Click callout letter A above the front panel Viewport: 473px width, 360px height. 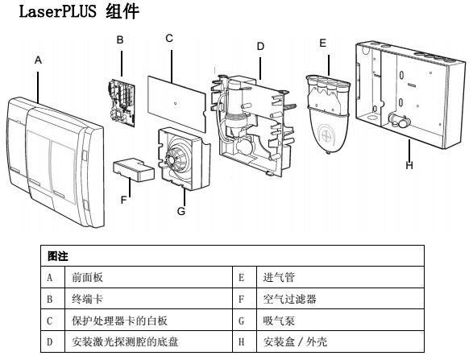pyautogui.click(x=38, y=60)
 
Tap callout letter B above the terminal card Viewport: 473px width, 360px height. pyautogui.click(x=120, y=39)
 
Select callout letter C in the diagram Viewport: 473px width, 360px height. pyautogui.click(x=168, y=38)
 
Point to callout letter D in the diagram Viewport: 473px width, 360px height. pyautogui.click(x=260, y=47)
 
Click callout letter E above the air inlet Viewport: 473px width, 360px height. pyautogui.click(x=323, y=43)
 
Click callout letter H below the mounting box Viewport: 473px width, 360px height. pyautogui.click(x=410, y=166)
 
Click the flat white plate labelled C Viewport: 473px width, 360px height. pyautogui.click(x=178, y=97)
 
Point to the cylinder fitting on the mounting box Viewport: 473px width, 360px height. pyautogui.click(x=396, y=122)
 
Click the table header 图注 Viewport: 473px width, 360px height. pyautogui.click(x=57, y=255)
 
